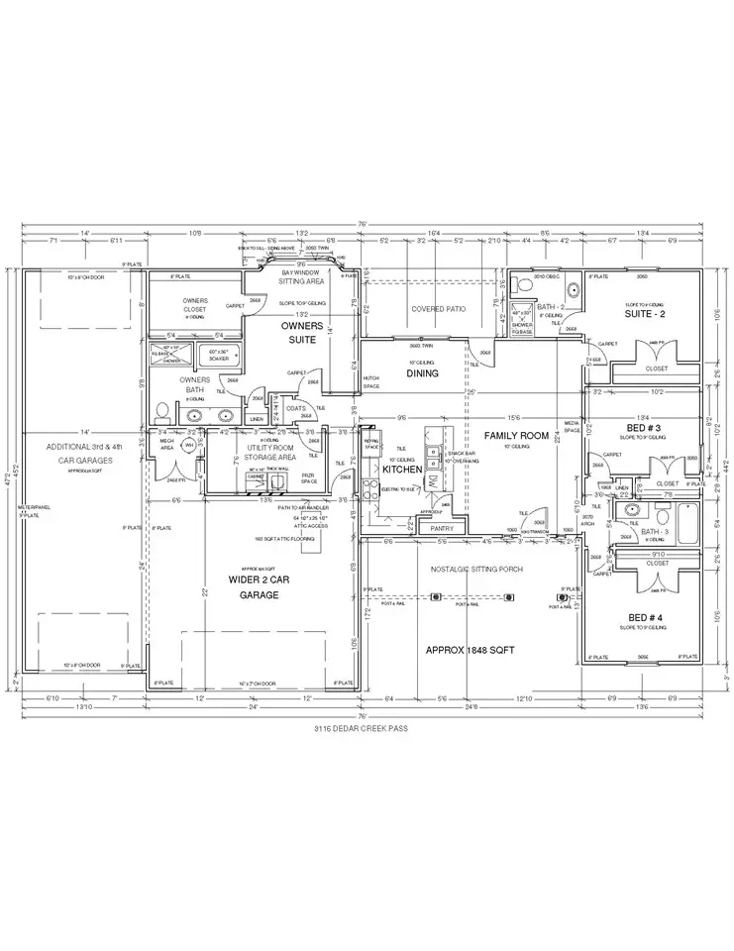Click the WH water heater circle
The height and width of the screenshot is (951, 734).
(x=186, y=447)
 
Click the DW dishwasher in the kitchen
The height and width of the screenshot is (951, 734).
(x=431, y=481)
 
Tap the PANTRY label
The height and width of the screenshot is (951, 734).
(x=442, y=529)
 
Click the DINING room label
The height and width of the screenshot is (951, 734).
(x=422, y=372)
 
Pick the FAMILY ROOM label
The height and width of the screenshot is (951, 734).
(x=515, y=436)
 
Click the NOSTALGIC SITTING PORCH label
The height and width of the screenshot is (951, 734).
(x=471, y=570)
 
